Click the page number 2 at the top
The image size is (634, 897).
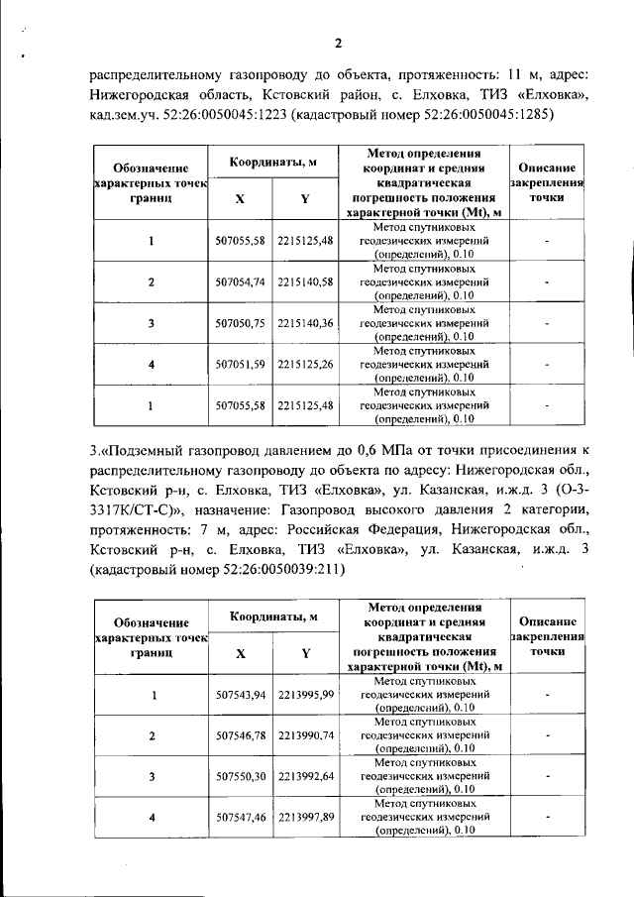pyautogui.click(x=337, y=42)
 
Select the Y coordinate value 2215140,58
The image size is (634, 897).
pyautogui.click(x=305, y=282)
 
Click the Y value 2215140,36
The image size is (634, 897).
pyautogui.click(x=305, y=323)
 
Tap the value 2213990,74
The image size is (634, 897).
pyautogui.click(x=305, y=736)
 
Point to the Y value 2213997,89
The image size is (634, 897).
pyautogui.click(x=305, y=818)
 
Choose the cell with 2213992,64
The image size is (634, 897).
pyautogui.click(x=305, y=777)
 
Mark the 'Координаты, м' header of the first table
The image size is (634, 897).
pyautogui.click(x=273, y=162)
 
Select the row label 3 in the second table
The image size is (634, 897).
pyautogui.click(x=152, y=777)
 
